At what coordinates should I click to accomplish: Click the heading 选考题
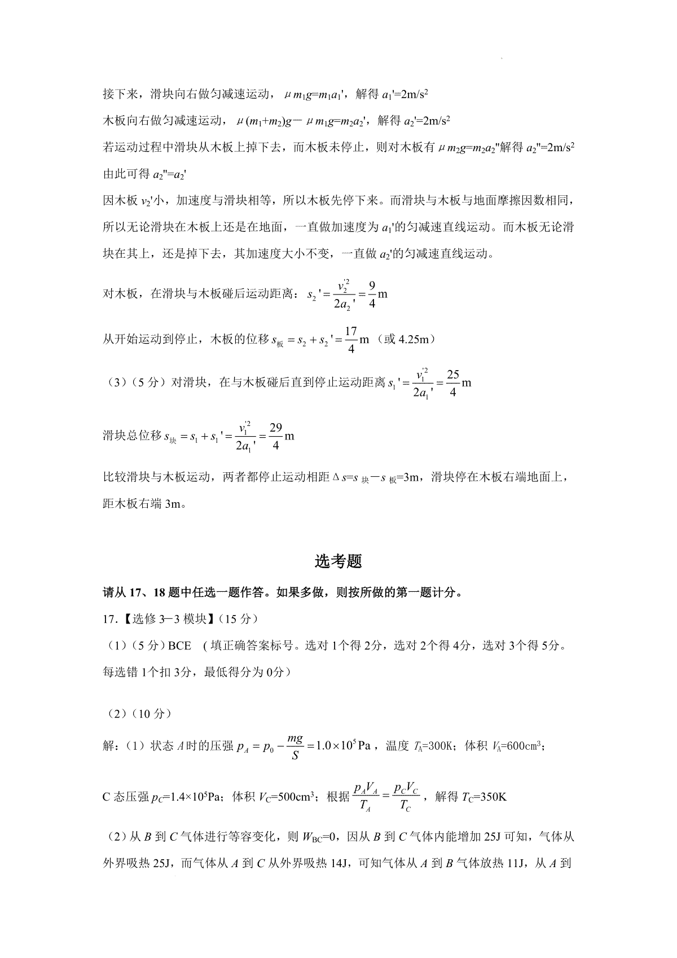338,561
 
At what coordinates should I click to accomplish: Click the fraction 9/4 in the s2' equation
372,295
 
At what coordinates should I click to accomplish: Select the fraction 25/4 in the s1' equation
452,384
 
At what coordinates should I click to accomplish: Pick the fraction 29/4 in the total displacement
275,437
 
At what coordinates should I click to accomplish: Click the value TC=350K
484,797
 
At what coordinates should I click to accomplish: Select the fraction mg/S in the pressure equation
294,746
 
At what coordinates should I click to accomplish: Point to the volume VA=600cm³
515,746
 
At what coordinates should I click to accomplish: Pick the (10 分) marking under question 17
152,714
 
